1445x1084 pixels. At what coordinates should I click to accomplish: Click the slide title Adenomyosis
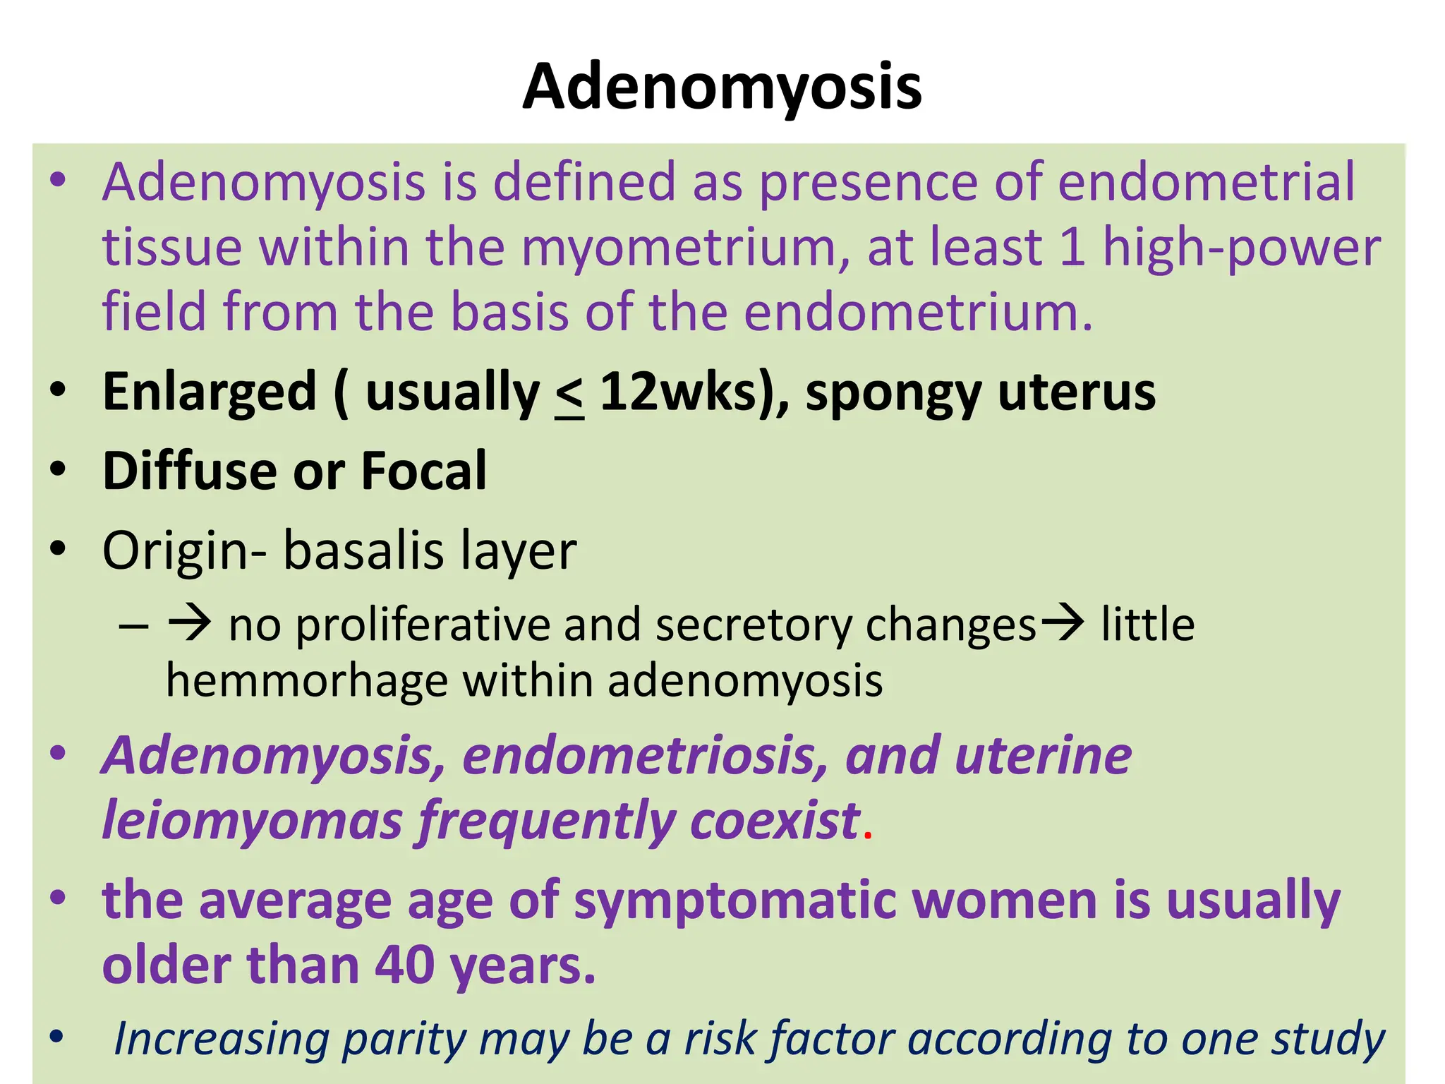click(x=722, y=87)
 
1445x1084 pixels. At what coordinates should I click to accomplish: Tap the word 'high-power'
click(x=1241, y=248)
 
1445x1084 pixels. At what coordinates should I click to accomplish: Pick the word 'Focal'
click(x=423, y=471)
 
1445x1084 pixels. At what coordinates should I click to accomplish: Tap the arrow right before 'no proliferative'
click(x=189, y=623)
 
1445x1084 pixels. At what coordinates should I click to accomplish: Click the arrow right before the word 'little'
click(x=1063, y=623)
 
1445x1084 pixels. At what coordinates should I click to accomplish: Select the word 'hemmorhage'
click(x=307, y=681)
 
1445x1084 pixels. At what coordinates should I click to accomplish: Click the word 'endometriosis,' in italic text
click(x=646, y=756)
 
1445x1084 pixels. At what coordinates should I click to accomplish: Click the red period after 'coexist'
click(x=868, y=836)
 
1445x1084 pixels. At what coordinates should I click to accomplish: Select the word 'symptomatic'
click(x=734, y=901)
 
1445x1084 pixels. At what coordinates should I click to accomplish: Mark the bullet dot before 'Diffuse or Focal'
click(x=58, y=469)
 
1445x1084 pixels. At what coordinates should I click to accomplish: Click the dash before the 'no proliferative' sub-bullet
click(x=134, y=625)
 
